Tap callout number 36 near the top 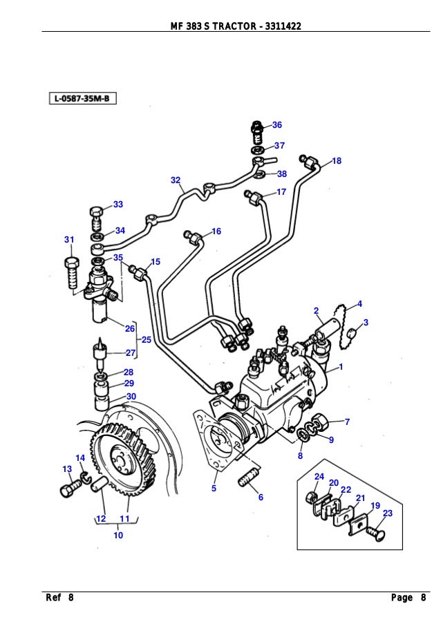276,125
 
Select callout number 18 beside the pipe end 337,160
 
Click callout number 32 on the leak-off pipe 176,180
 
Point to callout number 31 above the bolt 69,240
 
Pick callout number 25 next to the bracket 146,339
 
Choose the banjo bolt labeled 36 256,129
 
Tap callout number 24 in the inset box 319,477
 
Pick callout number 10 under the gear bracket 118,535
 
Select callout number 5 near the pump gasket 214,488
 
